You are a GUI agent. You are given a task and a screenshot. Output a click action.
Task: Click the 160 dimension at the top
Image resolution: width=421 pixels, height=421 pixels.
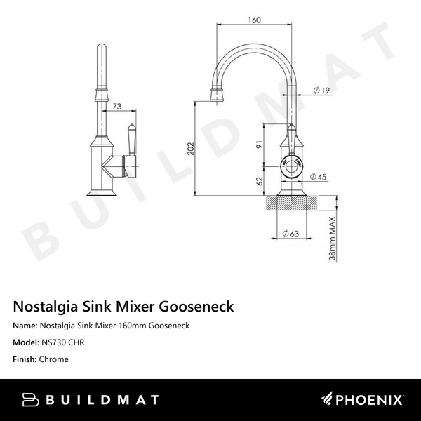(x=255, y=20)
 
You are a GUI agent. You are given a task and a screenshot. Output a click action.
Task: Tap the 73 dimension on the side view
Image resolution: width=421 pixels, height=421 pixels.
(x=116, y=106)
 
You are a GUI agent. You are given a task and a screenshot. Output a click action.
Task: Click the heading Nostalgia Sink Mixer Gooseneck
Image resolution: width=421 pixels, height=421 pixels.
(x=123, y=307)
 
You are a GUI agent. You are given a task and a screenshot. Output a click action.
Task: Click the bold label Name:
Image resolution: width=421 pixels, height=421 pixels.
(x=26, y=326)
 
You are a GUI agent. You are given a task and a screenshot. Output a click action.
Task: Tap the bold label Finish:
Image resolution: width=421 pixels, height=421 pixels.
(x=26, y=359)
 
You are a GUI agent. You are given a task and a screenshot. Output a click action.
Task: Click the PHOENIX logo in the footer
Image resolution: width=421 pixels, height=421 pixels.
(x=361, y=400)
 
